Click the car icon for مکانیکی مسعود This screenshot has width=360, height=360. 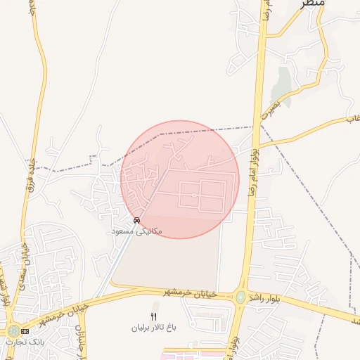click(136, 220)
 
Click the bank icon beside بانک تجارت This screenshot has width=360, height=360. click(25, 331)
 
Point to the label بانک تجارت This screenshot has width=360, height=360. click(23, 341)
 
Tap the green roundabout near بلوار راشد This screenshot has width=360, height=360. click(241, 297)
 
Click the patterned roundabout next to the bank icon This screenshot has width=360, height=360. click(13, 330)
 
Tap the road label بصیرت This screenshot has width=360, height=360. click(270, 108)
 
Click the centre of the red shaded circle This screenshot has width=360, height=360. click(180, 179)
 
